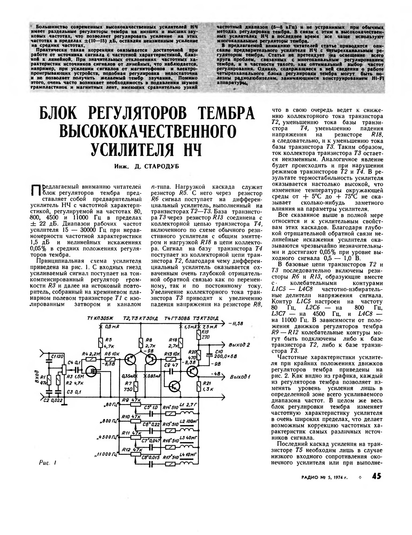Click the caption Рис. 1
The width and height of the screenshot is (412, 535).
pyautogui.click(x=47, y=463)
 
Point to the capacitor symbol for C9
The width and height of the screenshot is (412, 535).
pyautogui.click(x=172, y=371)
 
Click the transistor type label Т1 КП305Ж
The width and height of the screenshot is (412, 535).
pyautogui.click(x=100, y=319)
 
